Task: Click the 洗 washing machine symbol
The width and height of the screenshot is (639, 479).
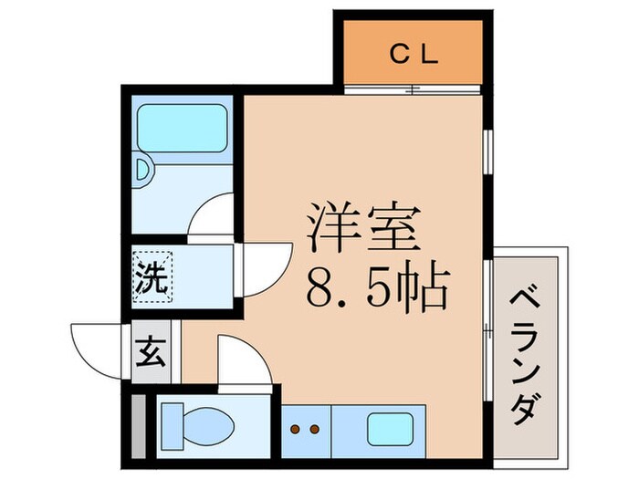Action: tap(153, 277)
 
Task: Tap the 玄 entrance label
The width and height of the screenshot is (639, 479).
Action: tap(152, 350)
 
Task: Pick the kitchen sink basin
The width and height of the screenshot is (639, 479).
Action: tap(390, 427)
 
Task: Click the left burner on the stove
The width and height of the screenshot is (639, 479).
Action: tap(296, 428)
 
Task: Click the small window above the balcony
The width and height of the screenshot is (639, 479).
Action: tap(487, 151)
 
